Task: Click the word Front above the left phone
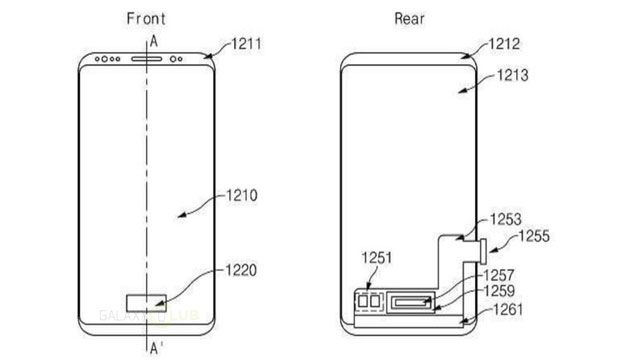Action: coord(146,18)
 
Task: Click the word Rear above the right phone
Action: coord(409,18)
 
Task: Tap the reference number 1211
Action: coord(246,43)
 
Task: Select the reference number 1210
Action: coord(241,196)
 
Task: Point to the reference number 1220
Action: coord(241,270)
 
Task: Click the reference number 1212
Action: coord(504,43)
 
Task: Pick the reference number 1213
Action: coord(513,75)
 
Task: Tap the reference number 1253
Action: coord(505,219)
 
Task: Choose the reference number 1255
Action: coord(534,236)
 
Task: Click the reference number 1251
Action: coord(376,258)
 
